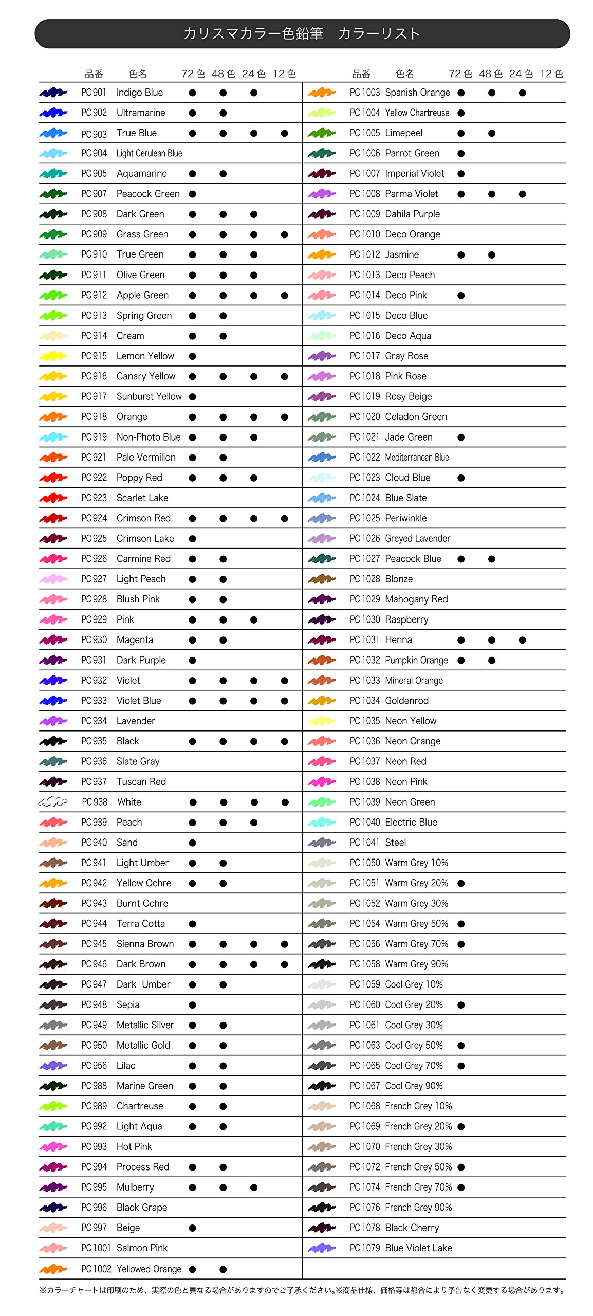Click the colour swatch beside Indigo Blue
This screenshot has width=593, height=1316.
(53, 93)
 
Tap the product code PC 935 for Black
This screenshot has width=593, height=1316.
(94, 741)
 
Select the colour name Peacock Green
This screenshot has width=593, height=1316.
(148, 194)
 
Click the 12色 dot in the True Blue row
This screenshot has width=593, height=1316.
(284, 133)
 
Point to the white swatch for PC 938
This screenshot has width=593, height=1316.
(53, 801)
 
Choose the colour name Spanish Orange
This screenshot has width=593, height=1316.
(417, 93)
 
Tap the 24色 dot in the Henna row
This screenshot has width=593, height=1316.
(522, 640)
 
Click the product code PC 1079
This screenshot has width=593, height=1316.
(365, 1248)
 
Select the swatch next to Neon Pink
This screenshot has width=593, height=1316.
(322, 781)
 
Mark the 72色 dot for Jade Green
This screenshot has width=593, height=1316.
(461, 437)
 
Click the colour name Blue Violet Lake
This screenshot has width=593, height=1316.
(418, 1248)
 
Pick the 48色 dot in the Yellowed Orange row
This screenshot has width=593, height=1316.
(223, 1269)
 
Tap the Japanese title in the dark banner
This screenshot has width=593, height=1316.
(302, 34)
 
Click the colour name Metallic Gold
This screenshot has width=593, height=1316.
(143, 1045)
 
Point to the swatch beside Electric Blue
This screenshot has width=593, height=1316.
(322, 822)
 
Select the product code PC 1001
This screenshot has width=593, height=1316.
(96, 1248)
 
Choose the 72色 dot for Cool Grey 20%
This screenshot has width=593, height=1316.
(461, 1005)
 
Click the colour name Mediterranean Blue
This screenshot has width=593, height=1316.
(417, 458)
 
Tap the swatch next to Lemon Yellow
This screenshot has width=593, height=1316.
(53, 356)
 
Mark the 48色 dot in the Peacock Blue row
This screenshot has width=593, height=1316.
(492, 559)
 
